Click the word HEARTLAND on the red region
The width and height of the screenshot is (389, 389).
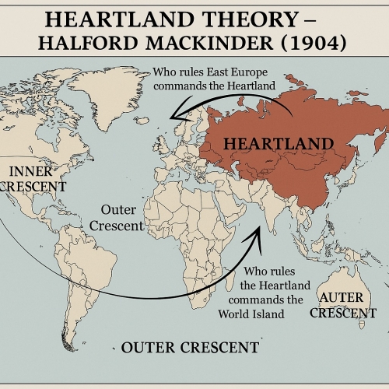(279, 143)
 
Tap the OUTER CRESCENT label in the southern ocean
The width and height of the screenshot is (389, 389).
(191, 347)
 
